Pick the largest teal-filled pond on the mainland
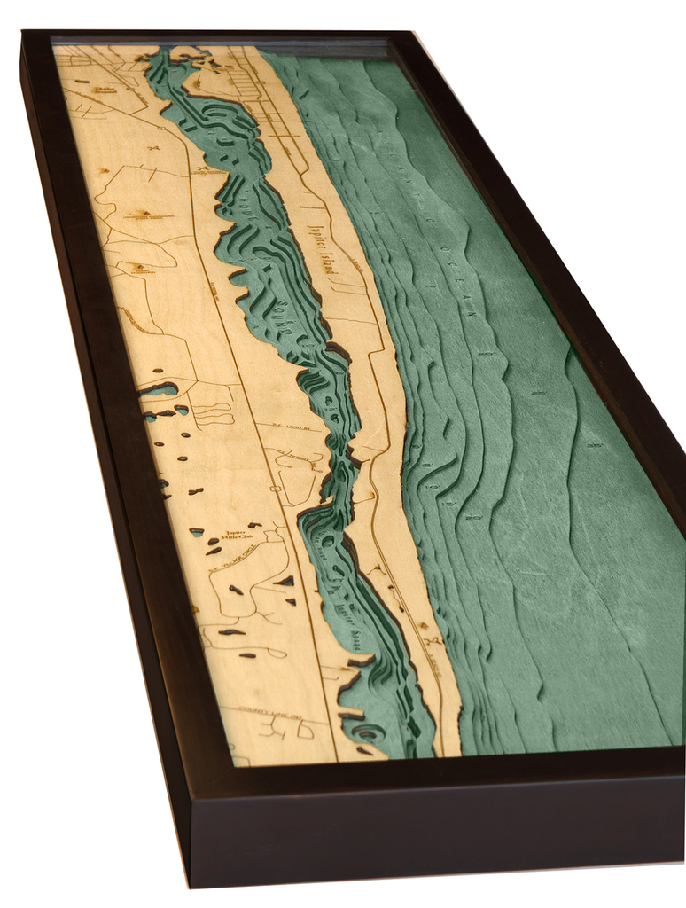(160, 389)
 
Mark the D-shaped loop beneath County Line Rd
(306, 731)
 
